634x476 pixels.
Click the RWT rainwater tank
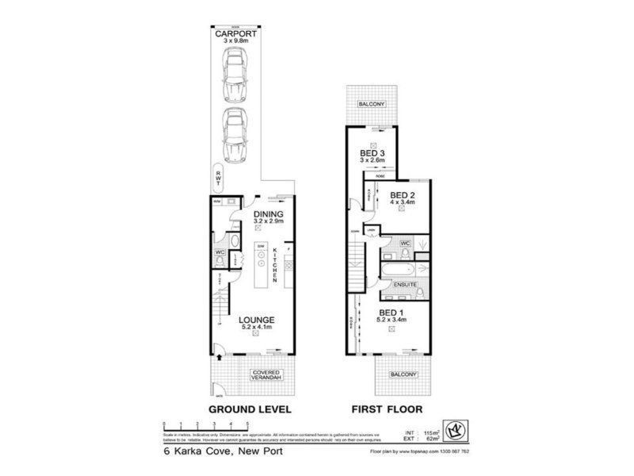219,180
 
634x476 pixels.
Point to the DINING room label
268,214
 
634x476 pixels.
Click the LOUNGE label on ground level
256,320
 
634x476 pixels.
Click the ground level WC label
220,254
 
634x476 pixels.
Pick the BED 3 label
372,153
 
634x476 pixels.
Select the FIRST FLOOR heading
388,409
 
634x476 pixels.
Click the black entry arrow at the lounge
220,359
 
